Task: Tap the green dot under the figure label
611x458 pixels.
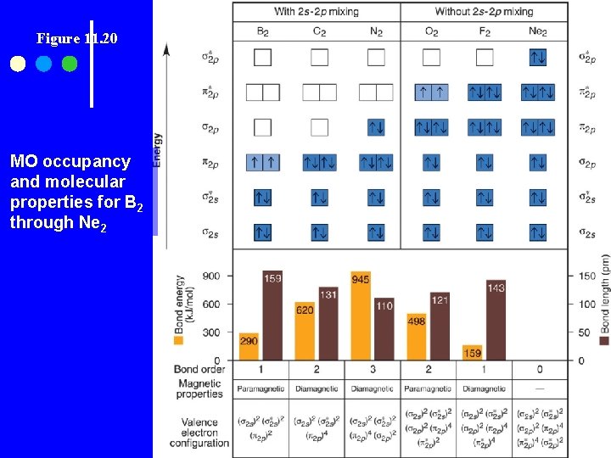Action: [x=70, y=64]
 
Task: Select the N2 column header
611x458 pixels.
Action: [x=375, y=32]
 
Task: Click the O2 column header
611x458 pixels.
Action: [x=431, y=32]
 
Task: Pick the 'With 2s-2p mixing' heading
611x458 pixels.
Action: [x=317, y=12]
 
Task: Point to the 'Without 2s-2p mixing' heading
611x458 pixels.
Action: [x=484, y=12]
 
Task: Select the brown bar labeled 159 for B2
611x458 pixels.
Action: [x=272, y=316]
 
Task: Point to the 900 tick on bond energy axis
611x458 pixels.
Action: [x=210, y=276]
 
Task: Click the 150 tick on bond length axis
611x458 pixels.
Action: [x=586, y=276]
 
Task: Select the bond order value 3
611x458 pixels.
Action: [x=373, y=370]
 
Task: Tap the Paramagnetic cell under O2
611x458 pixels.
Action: [x=429, y=388]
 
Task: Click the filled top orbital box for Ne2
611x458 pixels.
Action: [x=538, y=58]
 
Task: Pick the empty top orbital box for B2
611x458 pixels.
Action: [x=262, y=58]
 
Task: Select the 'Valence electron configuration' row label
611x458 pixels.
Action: [x=200, y=432]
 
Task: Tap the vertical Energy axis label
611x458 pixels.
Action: [x=157, y=149]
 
